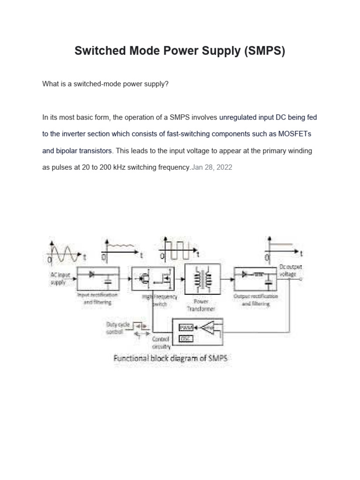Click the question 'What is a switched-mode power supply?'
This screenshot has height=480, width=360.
click(105, 84)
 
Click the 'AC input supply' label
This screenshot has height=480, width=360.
click(59, 279)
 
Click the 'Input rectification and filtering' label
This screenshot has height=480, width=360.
click(98, 299)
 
